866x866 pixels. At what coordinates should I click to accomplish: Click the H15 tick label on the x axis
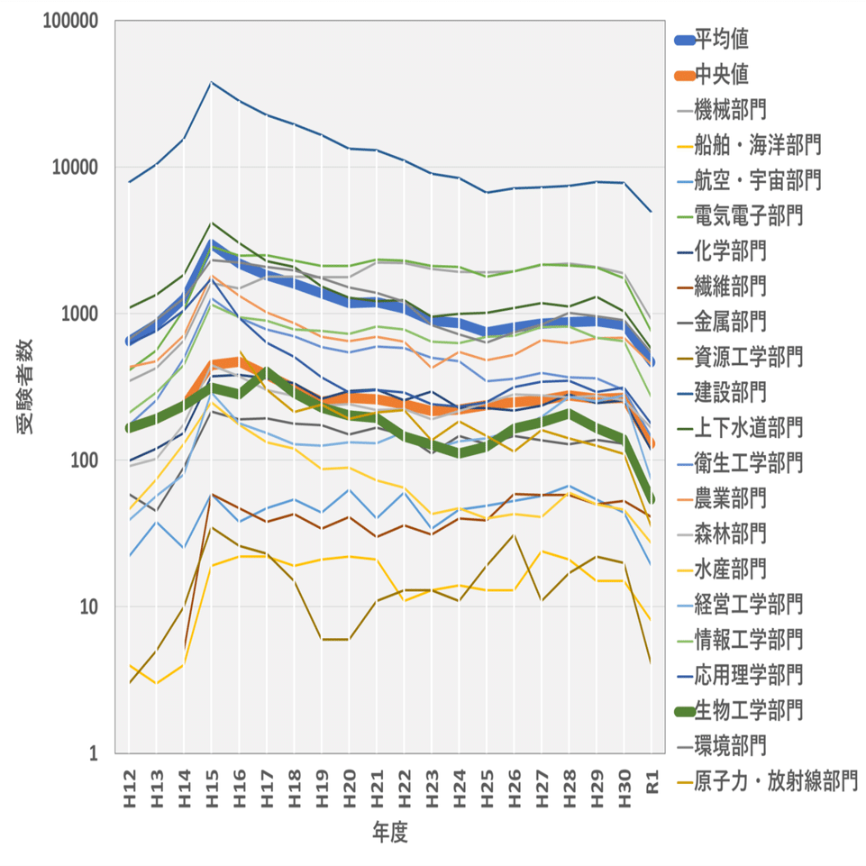[211, 780]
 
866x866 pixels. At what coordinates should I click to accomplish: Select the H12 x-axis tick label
[129, 780]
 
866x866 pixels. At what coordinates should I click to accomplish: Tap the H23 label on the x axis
[431, 780]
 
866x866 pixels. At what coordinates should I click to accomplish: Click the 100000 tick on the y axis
[71, 22]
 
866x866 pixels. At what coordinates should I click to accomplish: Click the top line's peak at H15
[211, 83]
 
